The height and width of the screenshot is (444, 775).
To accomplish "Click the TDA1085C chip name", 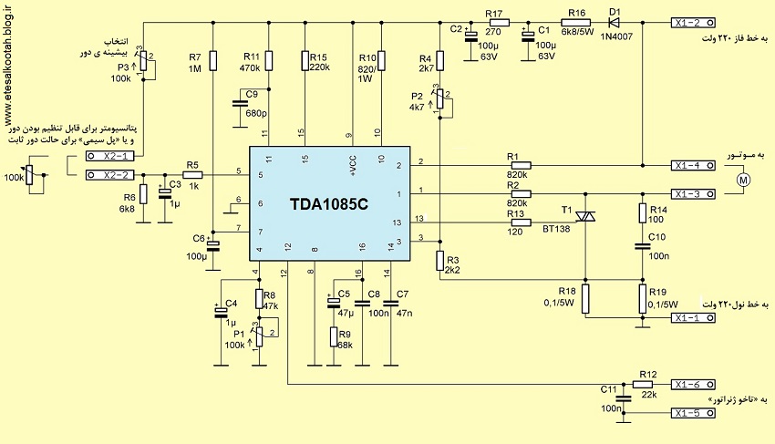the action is coord(328,204).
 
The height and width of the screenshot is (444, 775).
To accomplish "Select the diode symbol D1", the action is coord(615,22).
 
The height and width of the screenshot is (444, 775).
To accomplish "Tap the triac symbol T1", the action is coord(585,216).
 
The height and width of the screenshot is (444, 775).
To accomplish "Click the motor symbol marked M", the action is coord(743,180).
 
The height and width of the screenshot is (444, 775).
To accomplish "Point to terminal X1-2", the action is coord(693,22).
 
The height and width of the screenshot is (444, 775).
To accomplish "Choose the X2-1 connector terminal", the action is coord(110,156).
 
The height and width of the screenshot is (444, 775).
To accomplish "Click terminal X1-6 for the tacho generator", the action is coord(693,385).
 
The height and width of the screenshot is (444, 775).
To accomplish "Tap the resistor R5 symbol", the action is coord(192,174).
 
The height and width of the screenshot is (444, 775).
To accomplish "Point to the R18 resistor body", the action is coord(585,299).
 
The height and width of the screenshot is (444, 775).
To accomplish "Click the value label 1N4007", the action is coord(616,36).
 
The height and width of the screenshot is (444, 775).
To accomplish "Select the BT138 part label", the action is coord(556,230).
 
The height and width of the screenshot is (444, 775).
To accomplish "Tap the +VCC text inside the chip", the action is coord(353,166).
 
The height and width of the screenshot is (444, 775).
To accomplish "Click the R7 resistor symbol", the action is coord(212,60).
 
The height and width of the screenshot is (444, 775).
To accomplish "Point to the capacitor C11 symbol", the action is coord(624,398).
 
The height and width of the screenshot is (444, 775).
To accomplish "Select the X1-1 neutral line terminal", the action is coord(693,318).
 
